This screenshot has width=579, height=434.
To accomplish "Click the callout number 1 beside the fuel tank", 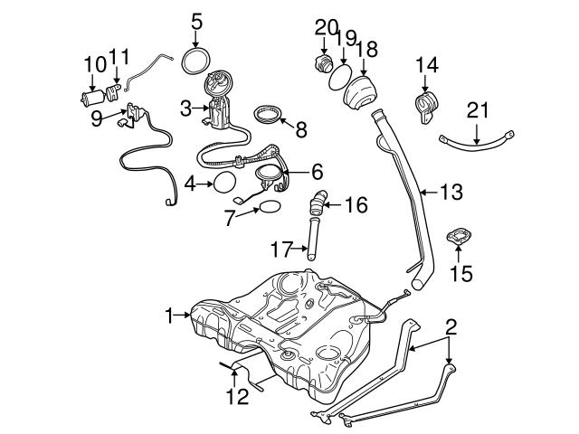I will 167,315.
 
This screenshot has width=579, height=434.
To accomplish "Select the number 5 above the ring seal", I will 197,19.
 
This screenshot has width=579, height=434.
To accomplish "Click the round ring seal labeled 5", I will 193,62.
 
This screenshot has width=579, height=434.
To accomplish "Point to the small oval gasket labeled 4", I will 224,184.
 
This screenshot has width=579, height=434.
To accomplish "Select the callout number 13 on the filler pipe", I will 451,192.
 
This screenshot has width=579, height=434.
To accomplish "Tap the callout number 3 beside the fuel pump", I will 185,108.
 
